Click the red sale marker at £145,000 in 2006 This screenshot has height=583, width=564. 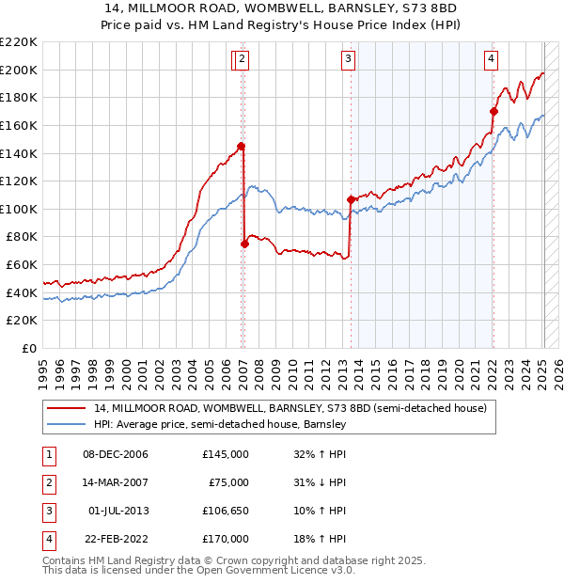tap(241, 146)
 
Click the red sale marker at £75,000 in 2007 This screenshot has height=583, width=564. tap(245, 244)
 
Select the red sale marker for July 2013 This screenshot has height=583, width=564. tap(351, 199)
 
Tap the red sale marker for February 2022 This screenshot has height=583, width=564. tap(493, 111)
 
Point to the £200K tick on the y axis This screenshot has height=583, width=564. tap(19, 70)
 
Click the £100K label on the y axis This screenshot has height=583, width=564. tap(19, 209)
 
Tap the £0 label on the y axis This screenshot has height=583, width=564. tap(27, 348)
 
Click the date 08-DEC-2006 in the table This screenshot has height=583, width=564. tap(116, 454)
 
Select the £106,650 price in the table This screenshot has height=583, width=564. tap(225, 511)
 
